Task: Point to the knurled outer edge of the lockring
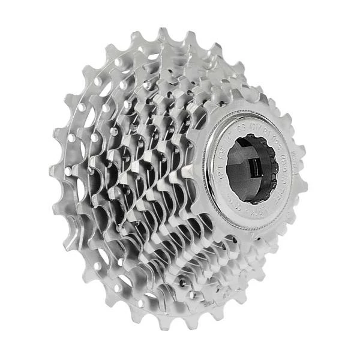(208, 180)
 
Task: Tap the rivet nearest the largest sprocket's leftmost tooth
(68, 171)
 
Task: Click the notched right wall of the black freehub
(272, 168)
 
